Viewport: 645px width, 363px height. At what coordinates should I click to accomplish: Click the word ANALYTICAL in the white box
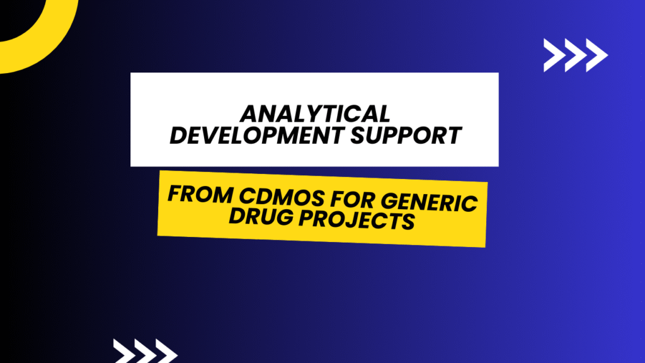click(x=314, y=114)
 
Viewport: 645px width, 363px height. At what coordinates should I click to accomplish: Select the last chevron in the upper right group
click(x=595, y=55)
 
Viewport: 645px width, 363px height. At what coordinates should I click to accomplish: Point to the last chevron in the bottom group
click(x=166, y=351)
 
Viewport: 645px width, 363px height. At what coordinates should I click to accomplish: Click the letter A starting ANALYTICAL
click(x=249, y=114)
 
